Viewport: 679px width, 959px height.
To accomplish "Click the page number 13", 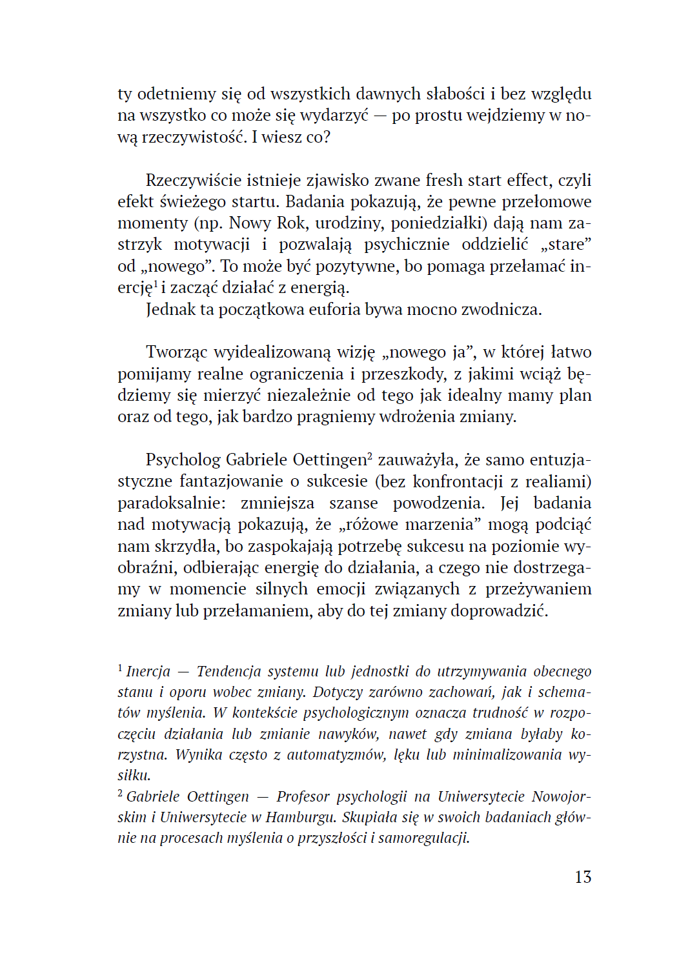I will [582, 877].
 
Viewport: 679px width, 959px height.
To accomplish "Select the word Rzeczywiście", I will [189, 181].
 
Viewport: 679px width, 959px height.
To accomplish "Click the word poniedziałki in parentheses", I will [438, 223].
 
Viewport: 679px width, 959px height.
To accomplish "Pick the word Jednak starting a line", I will [170, 310].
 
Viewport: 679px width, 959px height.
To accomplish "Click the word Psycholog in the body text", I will [183, 460].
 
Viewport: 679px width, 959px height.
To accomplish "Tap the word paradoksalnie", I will [171, 503].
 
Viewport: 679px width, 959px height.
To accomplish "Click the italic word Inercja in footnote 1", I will [148, 672].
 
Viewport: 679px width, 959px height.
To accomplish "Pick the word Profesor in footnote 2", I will [303, 797].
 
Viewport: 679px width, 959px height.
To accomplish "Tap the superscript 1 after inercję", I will [156, 283].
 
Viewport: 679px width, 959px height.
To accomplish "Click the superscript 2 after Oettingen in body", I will [370, 456].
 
